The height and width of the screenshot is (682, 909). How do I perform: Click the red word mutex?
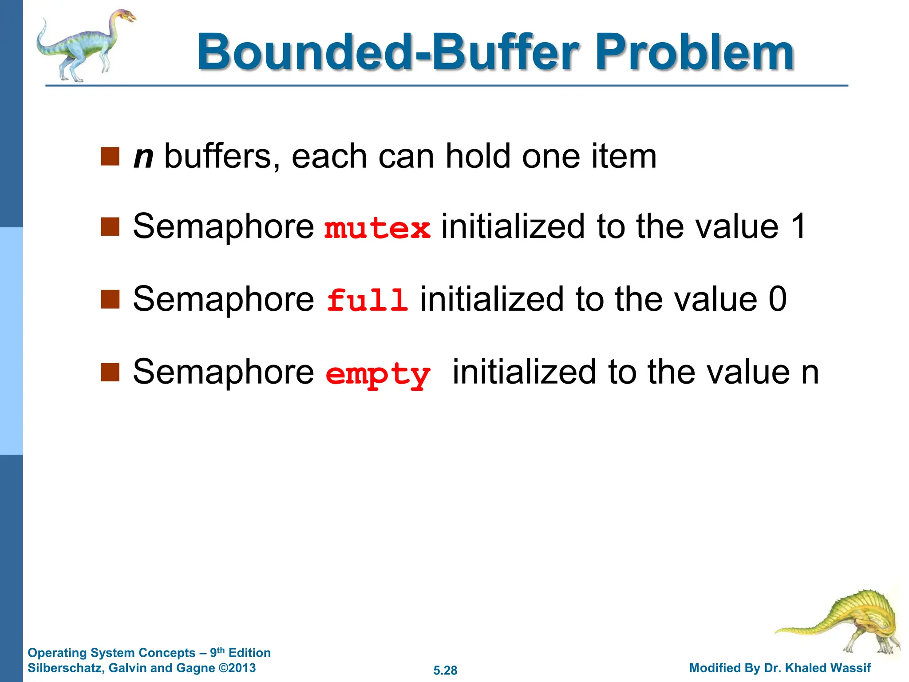377,228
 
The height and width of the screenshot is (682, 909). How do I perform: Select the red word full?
367,300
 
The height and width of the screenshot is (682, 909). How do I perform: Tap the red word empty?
378,374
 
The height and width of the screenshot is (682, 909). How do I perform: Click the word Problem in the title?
695,52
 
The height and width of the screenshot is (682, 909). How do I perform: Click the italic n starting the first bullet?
143,156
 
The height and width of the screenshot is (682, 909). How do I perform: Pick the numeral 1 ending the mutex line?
798,226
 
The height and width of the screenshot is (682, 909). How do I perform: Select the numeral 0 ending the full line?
778,299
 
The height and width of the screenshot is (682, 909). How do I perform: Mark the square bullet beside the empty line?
110,372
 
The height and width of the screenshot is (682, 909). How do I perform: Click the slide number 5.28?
445,670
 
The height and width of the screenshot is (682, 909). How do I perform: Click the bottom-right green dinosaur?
843,622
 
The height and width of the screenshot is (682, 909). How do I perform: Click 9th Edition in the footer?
240,652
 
